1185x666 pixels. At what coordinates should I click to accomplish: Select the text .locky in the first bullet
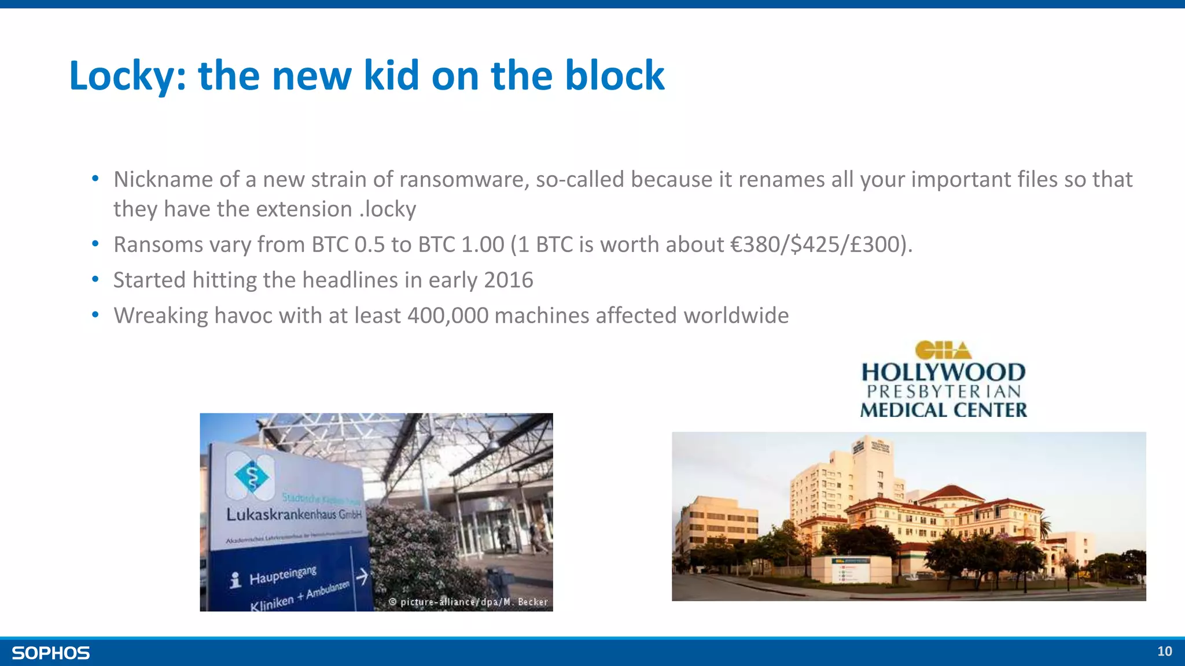tap(387, 209)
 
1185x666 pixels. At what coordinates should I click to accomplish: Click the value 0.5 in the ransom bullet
tap(369, 245)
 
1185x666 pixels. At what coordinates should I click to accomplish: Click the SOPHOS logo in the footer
tap(51, 653)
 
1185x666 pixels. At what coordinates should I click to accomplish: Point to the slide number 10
tap(1164, 652)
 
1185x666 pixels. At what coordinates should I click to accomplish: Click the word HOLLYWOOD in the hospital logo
tap(943, 373)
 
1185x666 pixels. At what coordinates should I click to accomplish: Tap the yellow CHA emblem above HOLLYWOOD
tap(943, 350)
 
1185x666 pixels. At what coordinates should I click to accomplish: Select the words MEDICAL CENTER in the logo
tap(943, 410)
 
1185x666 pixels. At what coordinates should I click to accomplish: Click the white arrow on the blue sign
tap(362, 576)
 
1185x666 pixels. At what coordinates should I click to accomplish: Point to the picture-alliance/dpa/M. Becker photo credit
tap(469, 602)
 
